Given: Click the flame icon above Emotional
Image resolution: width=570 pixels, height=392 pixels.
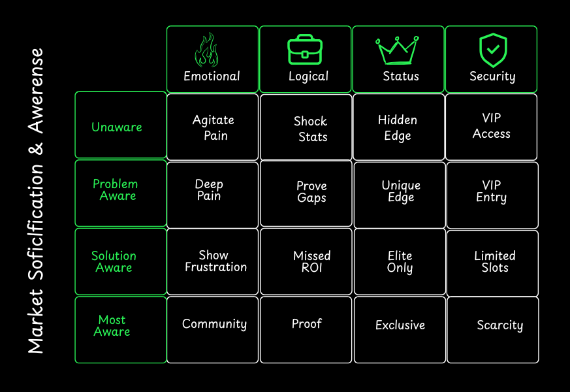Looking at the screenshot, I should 207,50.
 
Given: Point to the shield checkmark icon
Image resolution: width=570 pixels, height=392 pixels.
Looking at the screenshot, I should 493,50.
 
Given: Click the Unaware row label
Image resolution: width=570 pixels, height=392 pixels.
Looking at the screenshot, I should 117,127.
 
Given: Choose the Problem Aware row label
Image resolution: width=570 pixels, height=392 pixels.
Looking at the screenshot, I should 116,190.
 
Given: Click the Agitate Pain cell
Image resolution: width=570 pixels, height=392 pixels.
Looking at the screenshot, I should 214,127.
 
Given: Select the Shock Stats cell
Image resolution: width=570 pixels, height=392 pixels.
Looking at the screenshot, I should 311,129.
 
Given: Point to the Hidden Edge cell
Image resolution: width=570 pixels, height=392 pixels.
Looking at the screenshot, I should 398,127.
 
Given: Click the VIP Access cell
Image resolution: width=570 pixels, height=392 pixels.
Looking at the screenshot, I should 492,126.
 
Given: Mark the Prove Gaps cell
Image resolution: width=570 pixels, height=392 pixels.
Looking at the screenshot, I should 311,191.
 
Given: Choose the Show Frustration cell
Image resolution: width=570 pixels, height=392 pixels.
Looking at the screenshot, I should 215,261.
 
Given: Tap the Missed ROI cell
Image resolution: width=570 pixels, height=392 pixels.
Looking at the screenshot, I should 311,261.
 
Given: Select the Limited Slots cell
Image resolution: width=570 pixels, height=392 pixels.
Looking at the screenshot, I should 494,261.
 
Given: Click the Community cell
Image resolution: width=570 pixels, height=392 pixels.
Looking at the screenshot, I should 214,324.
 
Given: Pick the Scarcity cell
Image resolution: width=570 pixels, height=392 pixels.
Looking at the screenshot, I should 499,325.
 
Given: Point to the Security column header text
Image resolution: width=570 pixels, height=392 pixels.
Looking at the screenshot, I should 492,76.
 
